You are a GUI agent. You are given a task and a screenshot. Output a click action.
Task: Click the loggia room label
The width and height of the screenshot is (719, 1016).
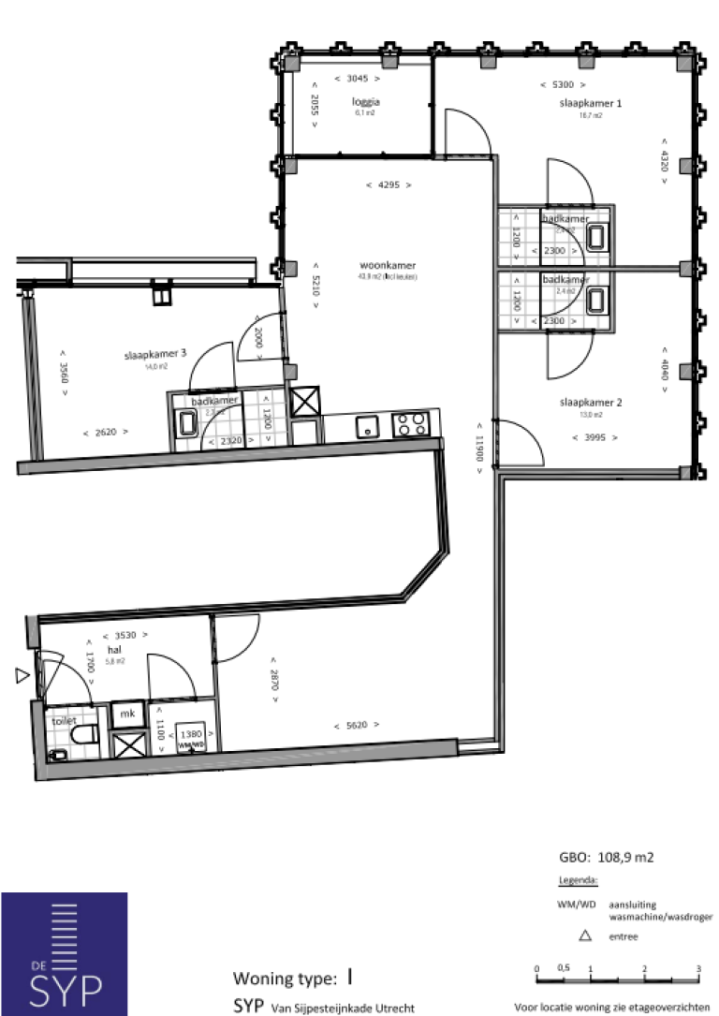tap(365, 102)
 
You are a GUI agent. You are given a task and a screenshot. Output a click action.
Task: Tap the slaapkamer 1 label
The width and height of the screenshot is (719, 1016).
tap(590, 103)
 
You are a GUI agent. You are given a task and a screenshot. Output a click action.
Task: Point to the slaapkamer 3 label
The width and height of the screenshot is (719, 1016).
tap(155, 354)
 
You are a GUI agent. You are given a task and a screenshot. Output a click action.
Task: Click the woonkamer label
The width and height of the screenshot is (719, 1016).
tap(387, 265)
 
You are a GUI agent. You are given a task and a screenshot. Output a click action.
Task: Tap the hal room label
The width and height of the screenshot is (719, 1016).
tap(115, 648)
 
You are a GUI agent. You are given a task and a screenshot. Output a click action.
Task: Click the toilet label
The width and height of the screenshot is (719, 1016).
tap(64, 721)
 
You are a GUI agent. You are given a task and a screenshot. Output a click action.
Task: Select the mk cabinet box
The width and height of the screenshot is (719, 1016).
tap(125, 714)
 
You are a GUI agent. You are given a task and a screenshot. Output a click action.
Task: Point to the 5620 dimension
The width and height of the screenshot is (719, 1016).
tap(349, 725)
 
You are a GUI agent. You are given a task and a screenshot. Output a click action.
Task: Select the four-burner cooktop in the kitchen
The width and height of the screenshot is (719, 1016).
tap(412, 424)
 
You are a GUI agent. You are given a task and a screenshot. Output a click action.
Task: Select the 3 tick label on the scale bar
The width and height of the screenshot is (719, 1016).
tap(698, 968)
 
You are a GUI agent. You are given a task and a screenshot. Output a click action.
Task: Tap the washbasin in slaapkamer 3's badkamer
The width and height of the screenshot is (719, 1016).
tap(187, 424)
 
